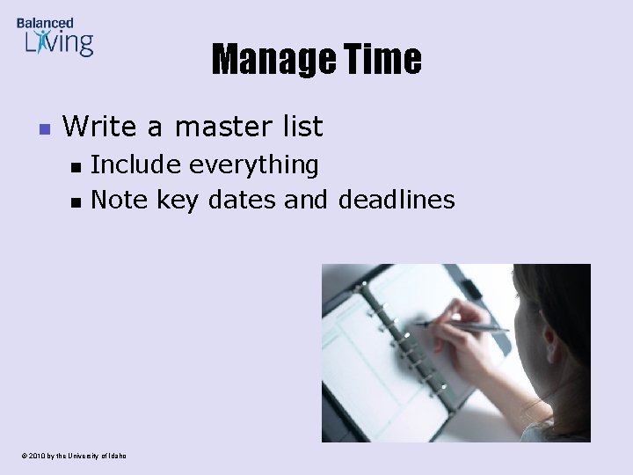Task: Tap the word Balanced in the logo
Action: pyautogui.click(x=45, y=23)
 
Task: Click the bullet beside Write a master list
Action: pyautogui.click(x=44, y=129)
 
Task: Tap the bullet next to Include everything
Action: pyautogui.click(x=76, y=166)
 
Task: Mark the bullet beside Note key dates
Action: pyautogui.click(x=76, y=202)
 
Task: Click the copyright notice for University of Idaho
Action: pyautogui.click(x=75, y=456)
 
